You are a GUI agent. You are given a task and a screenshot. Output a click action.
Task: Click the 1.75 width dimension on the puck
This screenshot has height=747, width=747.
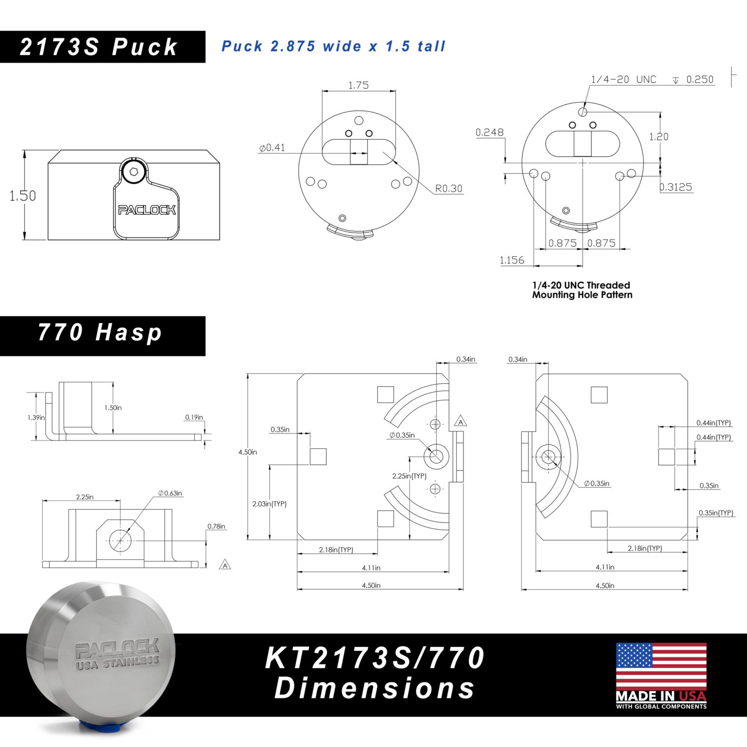click(358, 85)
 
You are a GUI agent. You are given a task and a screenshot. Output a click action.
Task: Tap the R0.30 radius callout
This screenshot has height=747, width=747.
click(448, 188)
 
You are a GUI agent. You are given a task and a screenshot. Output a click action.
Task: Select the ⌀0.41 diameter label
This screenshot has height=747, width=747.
click(272, 147)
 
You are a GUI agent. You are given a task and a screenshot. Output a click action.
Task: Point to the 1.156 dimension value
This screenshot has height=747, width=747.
click(512, 260)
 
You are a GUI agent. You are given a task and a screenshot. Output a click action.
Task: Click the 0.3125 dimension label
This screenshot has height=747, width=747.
click(676, 187)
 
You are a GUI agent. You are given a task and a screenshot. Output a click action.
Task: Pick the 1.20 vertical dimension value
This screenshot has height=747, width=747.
click(659, 137)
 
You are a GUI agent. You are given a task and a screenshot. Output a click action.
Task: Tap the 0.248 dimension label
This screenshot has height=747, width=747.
click(490, 132)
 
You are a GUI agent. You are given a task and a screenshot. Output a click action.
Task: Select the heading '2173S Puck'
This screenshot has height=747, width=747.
click(99, 47)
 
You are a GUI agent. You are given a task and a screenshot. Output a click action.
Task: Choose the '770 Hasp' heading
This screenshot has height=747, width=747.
click(100, 333)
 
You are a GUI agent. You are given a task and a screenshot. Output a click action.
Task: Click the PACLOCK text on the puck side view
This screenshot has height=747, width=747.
click(147, 210)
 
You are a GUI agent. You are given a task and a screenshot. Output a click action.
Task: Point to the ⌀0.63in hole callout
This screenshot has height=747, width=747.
click(170, 493)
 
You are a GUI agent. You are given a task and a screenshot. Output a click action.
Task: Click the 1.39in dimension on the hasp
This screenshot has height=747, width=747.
click(36, 417)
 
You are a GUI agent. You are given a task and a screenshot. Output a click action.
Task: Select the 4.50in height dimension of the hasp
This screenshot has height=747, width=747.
click(248, 452)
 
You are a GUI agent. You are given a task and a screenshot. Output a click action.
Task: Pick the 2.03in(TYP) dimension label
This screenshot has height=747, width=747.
click(269, 504)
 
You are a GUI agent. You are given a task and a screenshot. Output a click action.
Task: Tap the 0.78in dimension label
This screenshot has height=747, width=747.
click(216, 526)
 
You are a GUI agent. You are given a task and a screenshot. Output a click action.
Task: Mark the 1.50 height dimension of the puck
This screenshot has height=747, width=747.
click(23, 196)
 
